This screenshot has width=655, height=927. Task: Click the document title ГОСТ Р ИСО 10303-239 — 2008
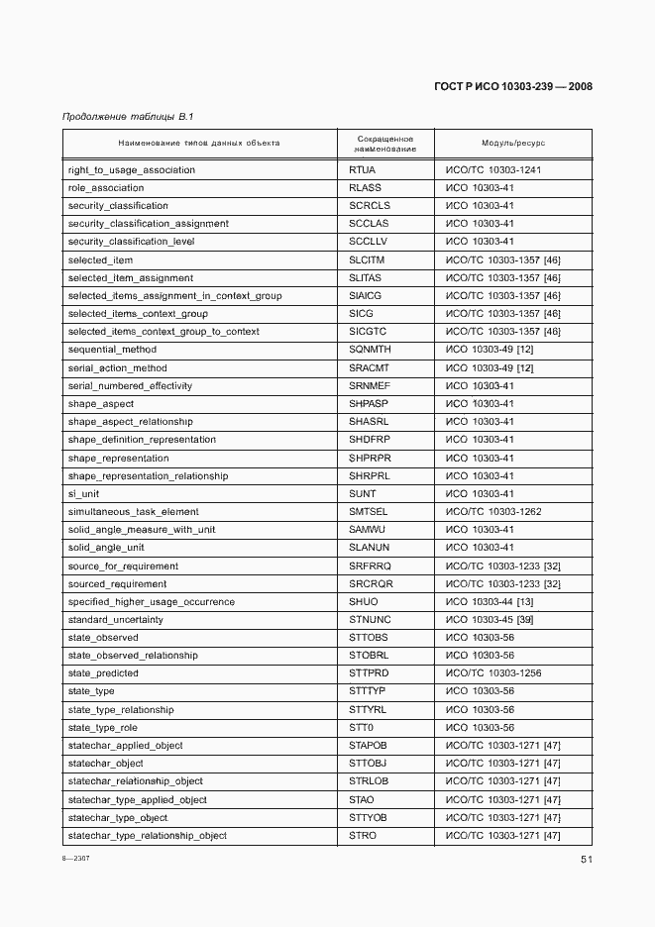(512, 86)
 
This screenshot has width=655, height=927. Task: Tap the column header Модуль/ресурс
(513, 144)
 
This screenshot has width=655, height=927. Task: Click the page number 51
(586, 860)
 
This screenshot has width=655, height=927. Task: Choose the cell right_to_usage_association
(131, 170)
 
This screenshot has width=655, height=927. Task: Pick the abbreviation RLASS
(366, 188)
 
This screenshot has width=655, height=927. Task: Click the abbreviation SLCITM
(367, 259)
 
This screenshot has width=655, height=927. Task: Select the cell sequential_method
(112, 350)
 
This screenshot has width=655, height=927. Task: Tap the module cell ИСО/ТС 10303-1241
(492, 170)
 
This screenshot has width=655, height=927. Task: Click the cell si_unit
(83, 493)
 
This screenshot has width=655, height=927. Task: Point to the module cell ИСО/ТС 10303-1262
(492, 512)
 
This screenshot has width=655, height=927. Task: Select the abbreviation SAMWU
(367, 530)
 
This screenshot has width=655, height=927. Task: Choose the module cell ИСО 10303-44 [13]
(490, 601)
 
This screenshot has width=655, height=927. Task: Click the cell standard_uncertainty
(116, 620)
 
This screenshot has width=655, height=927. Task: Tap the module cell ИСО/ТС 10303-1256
(492, 673)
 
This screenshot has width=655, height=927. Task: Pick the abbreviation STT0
(361, 727)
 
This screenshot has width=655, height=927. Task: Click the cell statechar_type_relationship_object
(148, 835)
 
